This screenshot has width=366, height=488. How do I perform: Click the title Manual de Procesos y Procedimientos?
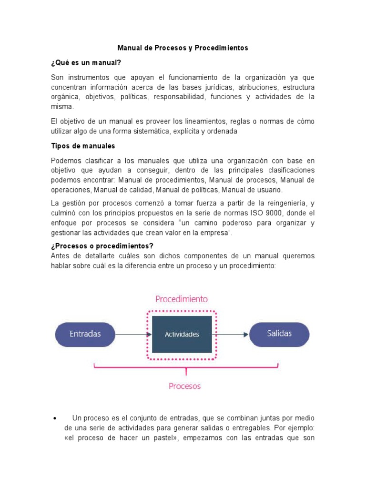(x=183, y=48)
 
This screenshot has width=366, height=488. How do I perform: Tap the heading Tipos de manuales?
(x=83, y=146)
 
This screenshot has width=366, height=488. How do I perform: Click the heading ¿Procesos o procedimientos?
(x=102, y=246)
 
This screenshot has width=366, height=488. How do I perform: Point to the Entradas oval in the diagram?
(x=85, y=334)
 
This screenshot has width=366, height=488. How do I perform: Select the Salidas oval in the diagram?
(x=279, y=334)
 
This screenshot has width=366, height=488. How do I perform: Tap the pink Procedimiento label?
(x=182, y=299)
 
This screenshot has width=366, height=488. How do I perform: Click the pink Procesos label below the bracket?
(x=185, y=386)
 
